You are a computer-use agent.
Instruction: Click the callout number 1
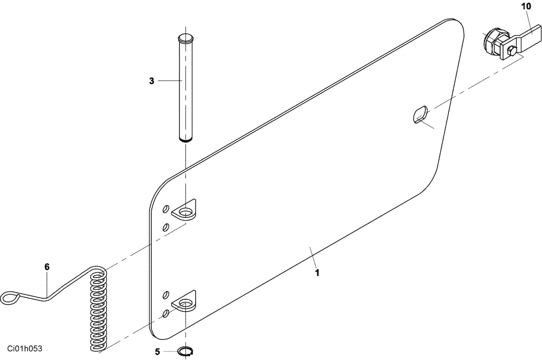click(317, 273)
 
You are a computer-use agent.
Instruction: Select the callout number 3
click(152, 81)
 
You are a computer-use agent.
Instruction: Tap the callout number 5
click(157, 352)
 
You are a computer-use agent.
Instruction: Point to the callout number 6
click(47, 267)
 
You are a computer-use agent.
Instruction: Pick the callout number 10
click(526, 7)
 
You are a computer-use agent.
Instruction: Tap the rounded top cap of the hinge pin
click(185, 38)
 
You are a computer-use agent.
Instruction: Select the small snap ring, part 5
click(185, 352)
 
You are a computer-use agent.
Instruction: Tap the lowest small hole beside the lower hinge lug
click(166, 313)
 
